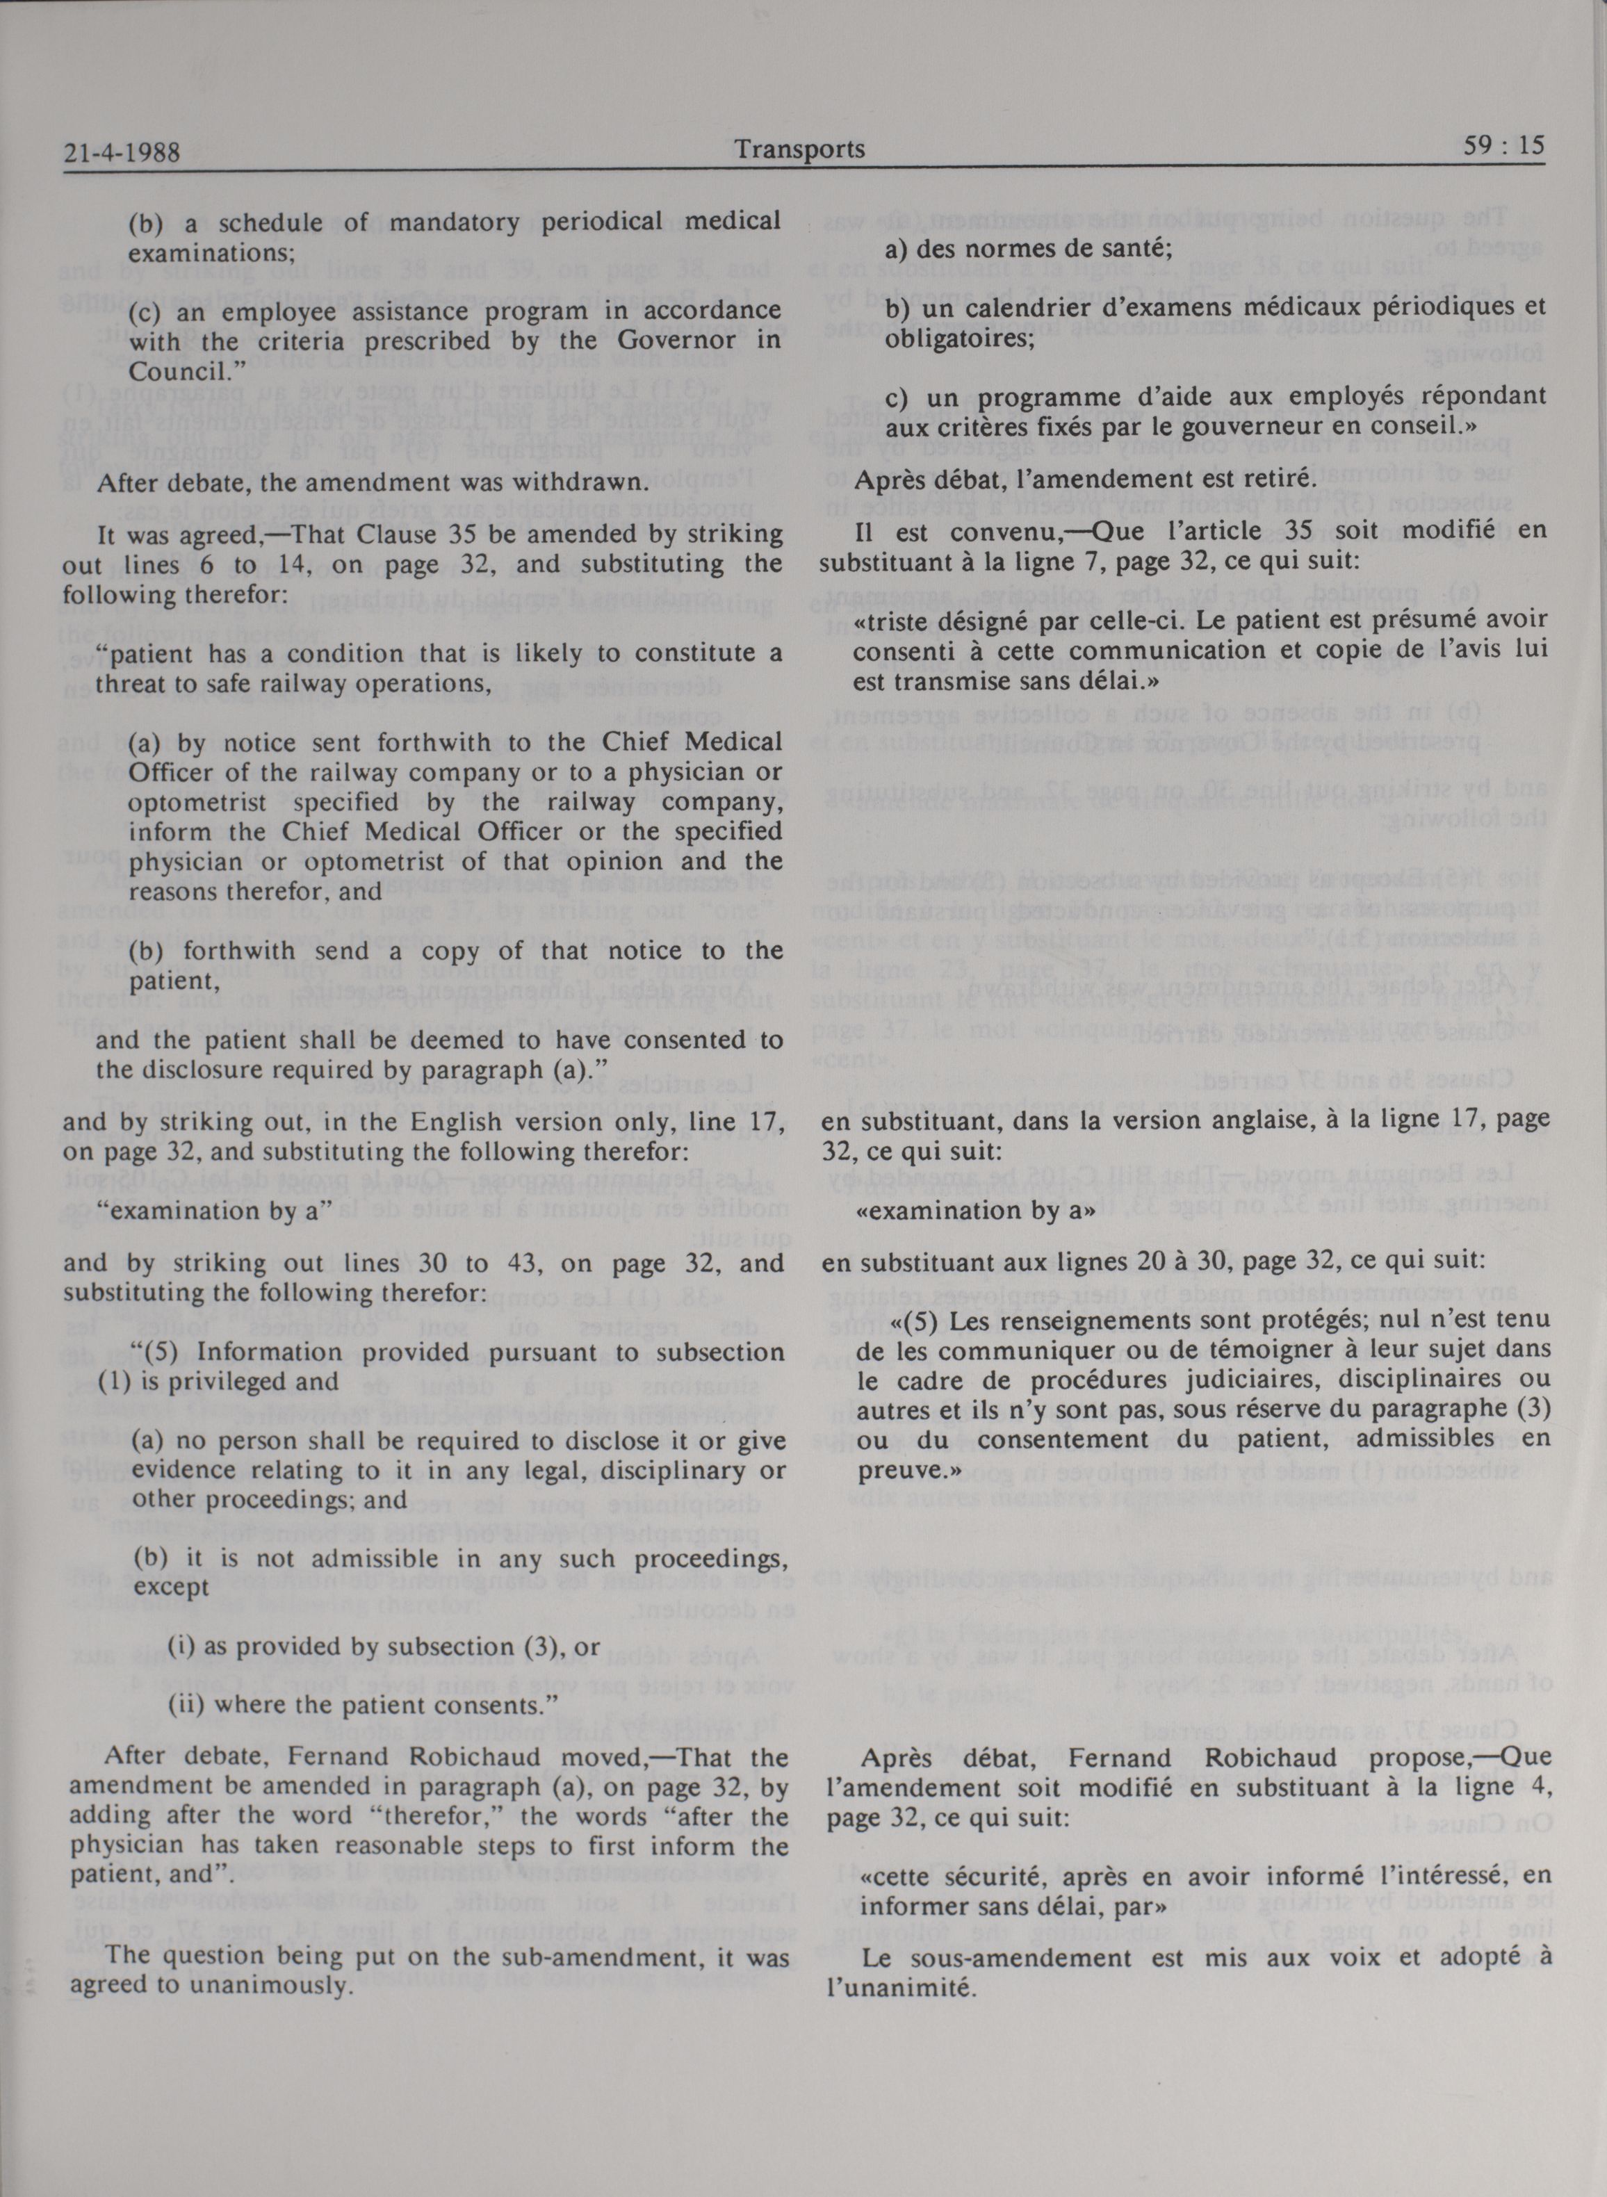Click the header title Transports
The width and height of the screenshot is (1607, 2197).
(799, 149)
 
